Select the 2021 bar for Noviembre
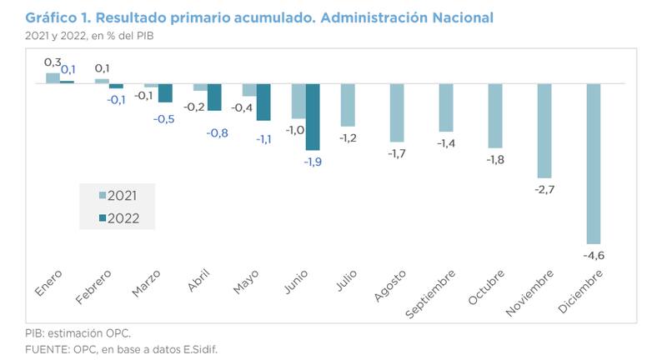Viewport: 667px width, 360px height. coord(544,131)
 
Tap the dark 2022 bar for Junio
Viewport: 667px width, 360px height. coord(313,117)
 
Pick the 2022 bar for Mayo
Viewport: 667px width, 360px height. coord(263,102)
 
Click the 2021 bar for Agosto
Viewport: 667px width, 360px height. coord(397,112)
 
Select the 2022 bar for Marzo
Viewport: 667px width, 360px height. coord(165,92)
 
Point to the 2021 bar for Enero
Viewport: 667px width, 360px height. coord(53,78)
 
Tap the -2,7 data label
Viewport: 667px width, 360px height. coord(544,189)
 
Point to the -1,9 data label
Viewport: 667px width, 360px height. coord(313,162)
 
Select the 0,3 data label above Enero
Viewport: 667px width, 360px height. coord(52,62)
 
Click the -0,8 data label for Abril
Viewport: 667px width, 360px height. coord(214,132)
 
